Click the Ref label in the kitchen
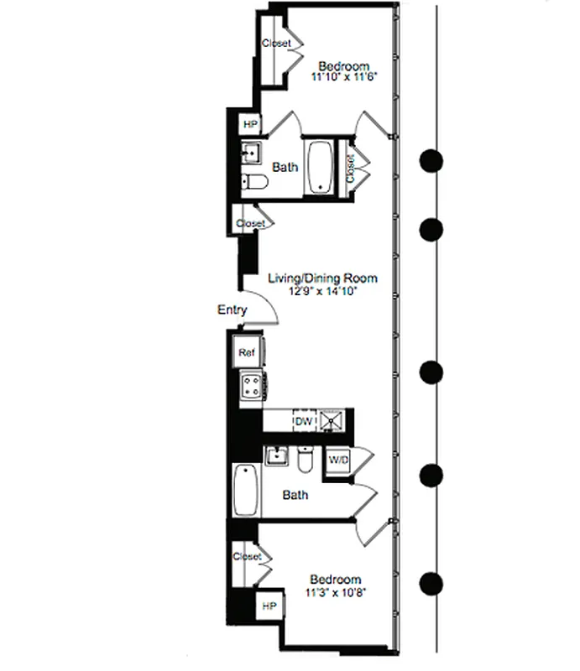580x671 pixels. tap(247, 352)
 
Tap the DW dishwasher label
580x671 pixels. tap(302, 419)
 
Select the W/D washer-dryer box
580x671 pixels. tap(338, 460)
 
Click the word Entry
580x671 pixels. tap(233, 309)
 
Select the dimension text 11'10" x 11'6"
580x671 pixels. tap(344, 78)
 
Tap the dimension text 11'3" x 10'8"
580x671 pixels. tap(336, 592)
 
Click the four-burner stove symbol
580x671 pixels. tap(251, 387)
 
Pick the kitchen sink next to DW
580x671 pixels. tap(331, 419)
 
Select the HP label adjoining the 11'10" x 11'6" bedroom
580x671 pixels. tap(250, 125)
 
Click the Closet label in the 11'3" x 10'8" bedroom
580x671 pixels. tap(247, 556)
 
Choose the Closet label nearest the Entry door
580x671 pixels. tap(250, 224)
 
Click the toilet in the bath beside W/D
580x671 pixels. tap(306, 460)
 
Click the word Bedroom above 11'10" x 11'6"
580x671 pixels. tap(344, 66)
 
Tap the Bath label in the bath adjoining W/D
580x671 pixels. tap(295, 495)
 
